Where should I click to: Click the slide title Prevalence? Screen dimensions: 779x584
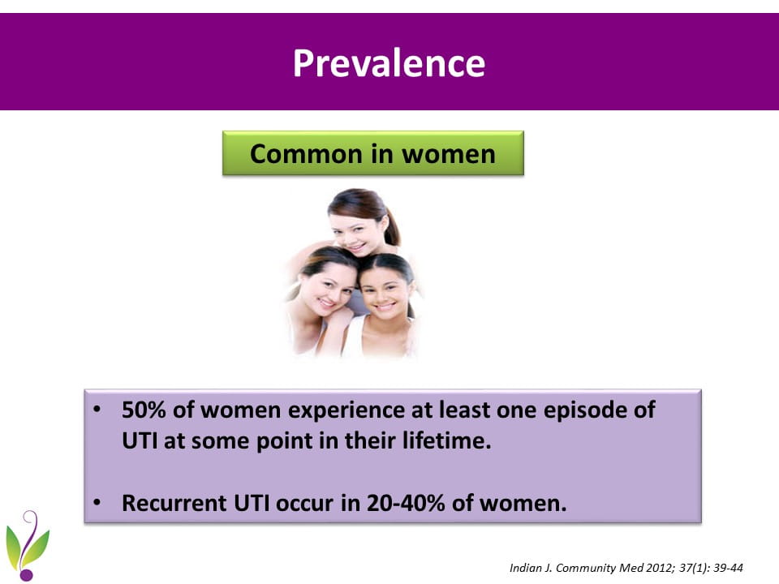pos(389,63)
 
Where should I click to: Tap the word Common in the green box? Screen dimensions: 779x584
pos(306,153)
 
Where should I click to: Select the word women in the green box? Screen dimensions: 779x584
pos(449,154)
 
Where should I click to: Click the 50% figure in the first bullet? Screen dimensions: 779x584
pos(144,410)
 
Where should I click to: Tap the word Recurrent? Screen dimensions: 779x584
pos(174,503)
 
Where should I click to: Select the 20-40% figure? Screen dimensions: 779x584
pos(406,503)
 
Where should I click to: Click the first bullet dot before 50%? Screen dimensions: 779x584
pos(97,410)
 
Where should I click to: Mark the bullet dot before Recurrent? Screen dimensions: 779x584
pos(97,503)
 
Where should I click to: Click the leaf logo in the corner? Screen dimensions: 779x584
pos(27,545)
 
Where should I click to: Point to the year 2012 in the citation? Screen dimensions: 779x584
pos(658,568)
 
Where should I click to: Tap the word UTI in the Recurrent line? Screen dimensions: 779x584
pos(252,503)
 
